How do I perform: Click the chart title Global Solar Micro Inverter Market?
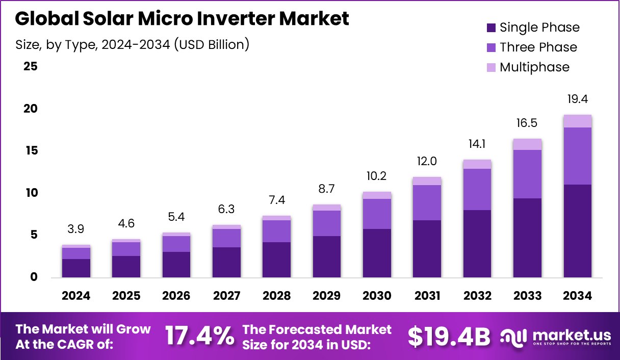pyautogui.click(x=182, y=19)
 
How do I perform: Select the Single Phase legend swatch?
pyautogui.click(x=492, y=28)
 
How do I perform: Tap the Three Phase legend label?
pyautogui.click(x=538, y=47)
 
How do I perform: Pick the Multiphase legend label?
pyautogui.click(x=534, y=67)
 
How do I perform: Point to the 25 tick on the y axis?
pyautogui.click(x=31, y=67)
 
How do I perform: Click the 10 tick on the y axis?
pyautogui.click(x=31, y=193)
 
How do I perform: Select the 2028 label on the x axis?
pyautogui.click(x=277, y=296)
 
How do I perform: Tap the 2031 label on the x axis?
pyautogui.click(x=427, y=296)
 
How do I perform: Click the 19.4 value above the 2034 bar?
pyautogui.click(x=578, y=99)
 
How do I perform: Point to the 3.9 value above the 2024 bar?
pyautogui.click(x=76, y=229)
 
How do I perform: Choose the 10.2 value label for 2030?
pyautogui.click(x=377, y=176)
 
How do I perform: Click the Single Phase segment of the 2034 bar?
pyautogui.click(x=578, y=230)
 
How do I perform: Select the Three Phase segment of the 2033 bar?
pyautogui.click(x=528, y=174)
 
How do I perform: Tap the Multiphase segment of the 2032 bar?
pyautogui.click(x=477, y=164)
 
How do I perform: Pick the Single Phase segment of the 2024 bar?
pyautogui.click(x=76, y=268)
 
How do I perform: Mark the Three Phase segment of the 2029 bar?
pyautogui.click(x=327, y=223)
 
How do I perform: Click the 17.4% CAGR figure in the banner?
pyautogui.click(x=199, y=336)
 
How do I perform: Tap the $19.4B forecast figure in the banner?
pyautogui.click(x=449, y=336)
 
